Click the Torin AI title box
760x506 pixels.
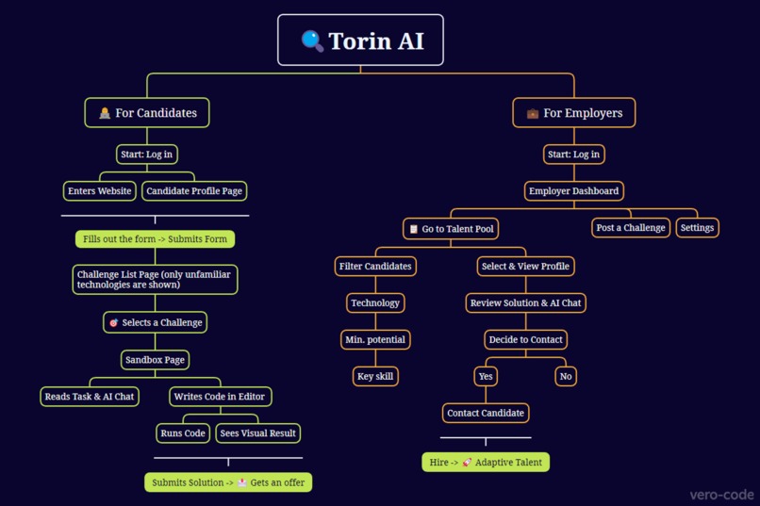[360, 41]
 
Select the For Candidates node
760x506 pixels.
[147, 113]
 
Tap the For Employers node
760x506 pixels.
[573, 113]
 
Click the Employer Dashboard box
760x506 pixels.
[573, 191]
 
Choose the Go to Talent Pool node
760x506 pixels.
[451, 229]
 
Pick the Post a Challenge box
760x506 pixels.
[631, 228]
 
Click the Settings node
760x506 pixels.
[697, 228]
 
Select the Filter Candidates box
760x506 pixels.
[375, 267]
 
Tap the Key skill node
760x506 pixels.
[375, 377]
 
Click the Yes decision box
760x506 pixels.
[486, 377]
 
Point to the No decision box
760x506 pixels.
[566, 377]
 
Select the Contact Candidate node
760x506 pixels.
[486, 414]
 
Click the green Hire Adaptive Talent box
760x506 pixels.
[486, 463]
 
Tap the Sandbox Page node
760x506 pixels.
[156, 360]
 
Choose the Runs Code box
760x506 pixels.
[183, 433]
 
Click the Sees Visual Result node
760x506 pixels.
[257, 433]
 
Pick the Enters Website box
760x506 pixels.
[100, 191]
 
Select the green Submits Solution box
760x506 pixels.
[228, 482]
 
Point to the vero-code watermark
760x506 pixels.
[720, 494]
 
